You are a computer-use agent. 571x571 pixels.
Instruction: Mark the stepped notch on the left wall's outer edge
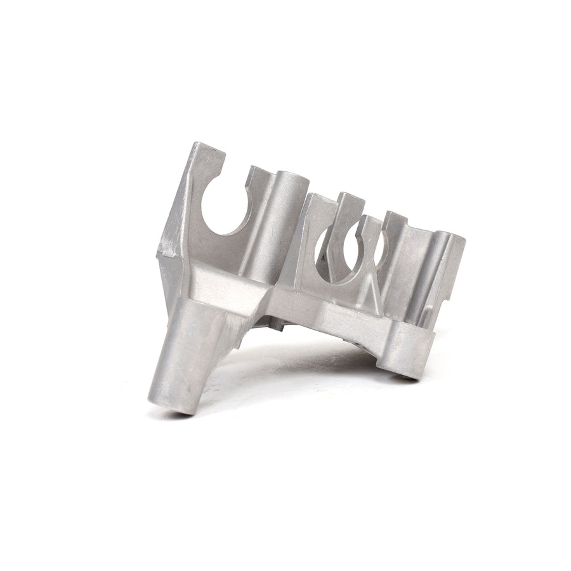pos(166,254)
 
